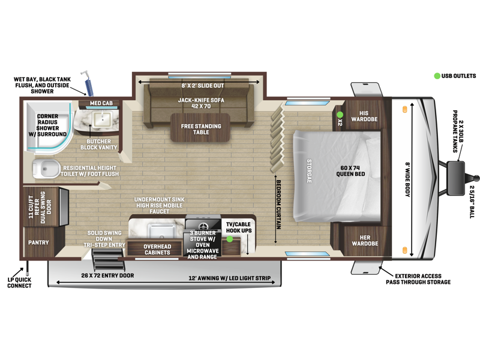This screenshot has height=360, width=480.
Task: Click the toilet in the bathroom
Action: coord(46,169)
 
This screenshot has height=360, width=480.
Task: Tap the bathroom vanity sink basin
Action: coord(103,119)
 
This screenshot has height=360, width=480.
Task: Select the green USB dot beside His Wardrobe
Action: coord(340,115)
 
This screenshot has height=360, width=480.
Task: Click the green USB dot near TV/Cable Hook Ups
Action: coord(230,239)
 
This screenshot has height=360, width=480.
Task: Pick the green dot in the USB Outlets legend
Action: coord(437,76)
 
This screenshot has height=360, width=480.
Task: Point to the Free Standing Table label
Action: coord(201,129)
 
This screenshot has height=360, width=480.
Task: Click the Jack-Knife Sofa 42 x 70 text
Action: coord(201,103)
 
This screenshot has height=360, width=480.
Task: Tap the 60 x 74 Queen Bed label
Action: coord(350,171)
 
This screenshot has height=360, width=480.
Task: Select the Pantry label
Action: coord(38,242)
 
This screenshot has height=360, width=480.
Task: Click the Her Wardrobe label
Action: coord(365,241)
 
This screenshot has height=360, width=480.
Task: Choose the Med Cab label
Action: coord(101,103)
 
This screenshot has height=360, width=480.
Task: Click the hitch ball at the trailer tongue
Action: coord(476,178)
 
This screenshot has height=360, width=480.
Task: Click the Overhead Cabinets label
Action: coord(157,250)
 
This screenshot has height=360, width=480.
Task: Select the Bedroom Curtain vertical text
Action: coord(279,205)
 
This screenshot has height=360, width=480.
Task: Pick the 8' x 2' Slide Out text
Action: coord(203,86)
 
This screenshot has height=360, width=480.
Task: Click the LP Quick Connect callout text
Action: coord(19,283)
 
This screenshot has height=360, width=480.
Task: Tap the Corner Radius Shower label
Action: coord(47,125)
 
